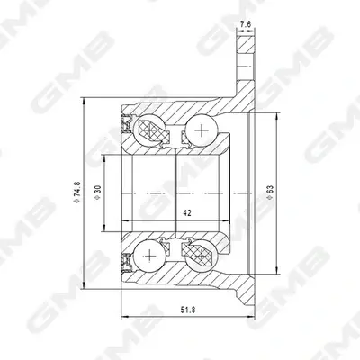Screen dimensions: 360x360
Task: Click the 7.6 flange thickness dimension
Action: click(x=246, y=24)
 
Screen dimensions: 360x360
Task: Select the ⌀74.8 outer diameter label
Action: click(x=77, y=193)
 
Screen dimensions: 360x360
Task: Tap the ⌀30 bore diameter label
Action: click(x=98, y=193)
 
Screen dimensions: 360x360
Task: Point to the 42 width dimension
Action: click(x=187, y=213)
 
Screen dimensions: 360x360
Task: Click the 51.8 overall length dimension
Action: click(x=188, y=310)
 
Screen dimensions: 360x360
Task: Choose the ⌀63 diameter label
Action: click(x=270, y=193)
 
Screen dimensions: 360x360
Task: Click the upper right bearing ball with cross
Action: click(x=202, y=130)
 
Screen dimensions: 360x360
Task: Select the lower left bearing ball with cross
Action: click(x=149, y=256)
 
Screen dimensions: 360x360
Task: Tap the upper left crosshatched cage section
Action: click(x=154, y=132)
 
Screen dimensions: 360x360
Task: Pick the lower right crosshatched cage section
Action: click(x=198, y=254)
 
